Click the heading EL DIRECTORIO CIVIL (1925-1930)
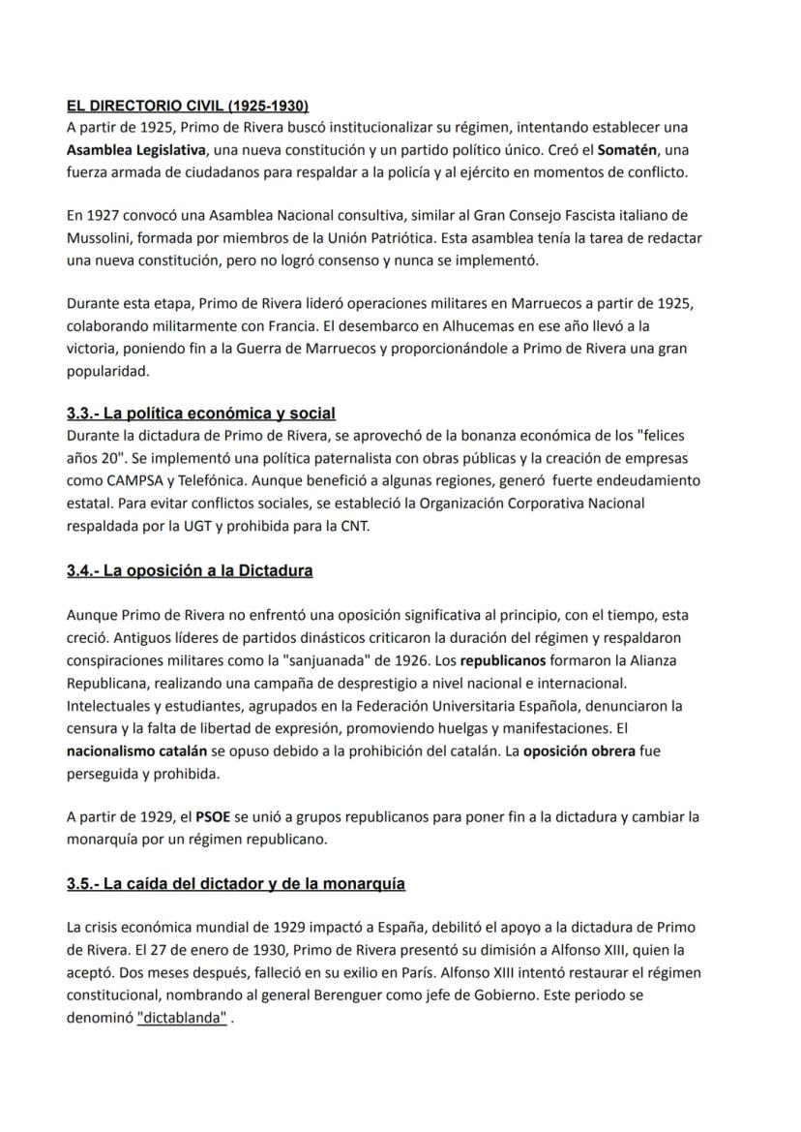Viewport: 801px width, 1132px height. point(188,106)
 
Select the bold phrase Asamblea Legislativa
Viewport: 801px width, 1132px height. point(136,150)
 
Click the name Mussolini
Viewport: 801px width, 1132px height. point(102,237)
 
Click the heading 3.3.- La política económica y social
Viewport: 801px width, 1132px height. point(201,413)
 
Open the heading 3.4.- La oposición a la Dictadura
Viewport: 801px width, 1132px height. point(190,570)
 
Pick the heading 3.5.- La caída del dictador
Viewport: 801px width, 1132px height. point(236,883)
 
